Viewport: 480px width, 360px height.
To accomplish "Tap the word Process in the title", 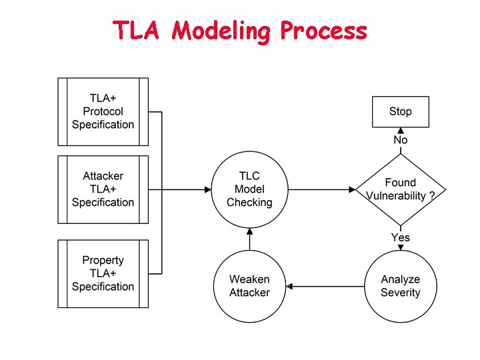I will [x=323, y=31].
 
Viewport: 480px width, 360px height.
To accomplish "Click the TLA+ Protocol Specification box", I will [x=103, y=111].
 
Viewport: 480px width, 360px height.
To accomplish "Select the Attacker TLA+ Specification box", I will [x=103, y=189].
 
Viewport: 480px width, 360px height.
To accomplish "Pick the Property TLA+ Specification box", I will [x=103, y=273].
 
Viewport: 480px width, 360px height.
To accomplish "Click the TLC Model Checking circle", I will [x=249, y=189].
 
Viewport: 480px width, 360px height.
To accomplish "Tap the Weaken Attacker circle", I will [x=249, y=286].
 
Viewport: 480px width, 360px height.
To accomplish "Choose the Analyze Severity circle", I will [x=400, y=286].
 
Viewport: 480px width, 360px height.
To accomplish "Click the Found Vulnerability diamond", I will [x=400, y=189].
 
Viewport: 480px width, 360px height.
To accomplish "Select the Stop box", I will [x=400, y=111].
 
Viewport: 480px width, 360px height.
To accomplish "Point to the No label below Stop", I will [x=400, y=140].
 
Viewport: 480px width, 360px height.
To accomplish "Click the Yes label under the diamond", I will [x=400, y=237].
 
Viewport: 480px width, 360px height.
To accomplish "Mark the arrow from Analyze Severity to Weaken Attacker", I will [x=327, y=287].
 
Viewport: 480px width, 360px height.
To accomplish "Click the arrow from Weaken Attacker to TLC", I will [x=250, y=239].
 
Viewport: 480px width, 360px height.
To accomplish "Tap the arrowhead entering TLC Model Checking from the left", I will [x=206, y=189].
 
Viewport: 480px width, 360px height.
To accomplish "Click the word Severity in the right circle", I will [x=400, y=293].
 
